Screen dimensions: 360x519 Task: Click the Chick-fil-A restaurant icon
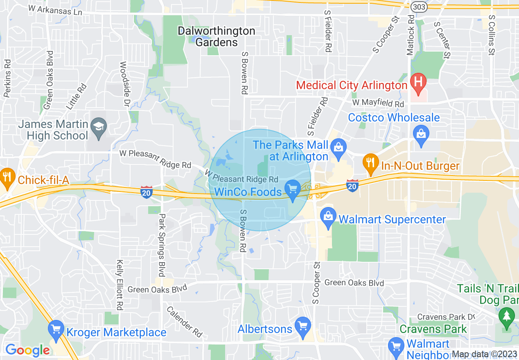click(x=7, y=176)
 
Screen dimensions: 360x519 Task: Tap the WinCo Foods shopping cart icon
click(x=292, y=189)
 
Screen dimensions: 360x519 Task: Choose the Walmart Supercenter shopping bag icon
click(x=328, y=216)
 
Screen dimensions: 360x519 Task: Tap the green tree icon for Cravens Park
click(x=507, y=316)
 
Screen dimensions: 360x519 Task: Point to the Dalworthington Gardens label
click(x=217, y=36)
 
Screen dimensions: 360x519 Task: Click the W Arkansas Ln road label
click(x=55, y=10)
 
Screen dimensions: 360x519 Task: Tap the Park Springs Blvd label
click(x=162, y=245)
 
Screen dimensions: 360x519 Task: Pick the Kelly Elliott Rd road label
click(x=120, y=285)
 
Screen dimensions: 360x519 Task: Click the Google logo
click(x=27, y=350)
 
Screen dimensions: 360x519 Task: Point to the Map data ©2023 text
click(x=485, y=354)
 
